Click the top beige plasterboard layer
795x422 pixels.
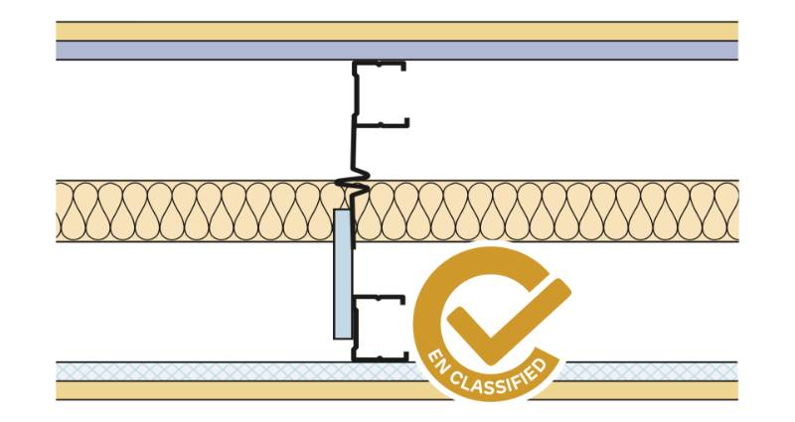pyautogui.click(x=397, y=32)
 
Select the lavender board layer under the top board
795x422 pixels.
pyautogui.click(x=397, y=51)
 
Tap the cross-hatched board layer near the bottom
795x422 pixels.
pyautogui.click(x=397, y=371)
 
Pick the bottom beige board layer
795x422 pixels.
pyautogui.click(x=397, y=390)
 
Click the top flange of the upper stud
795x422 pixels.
pyautogui.click(x=380, y=65)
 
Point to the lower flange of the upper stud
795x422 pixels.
pyautogui.click(x=382, y=122)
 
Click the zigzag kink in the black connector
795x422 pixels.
pyautogui.click(x=353, y=185)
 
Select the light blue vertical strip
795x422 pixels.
pyautogui.click(x=342, y=274)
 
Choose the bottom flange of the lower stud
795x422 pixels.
pyautogui.click(x=381, y=357)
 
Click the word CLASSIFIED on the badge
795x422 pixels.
pyautogui.click(x=500, y=380)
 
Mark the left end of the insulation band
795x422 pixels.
pyautogui.click(x=57, y=211)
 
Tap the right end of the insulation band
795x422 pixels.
pyautogui.click(x=737, y=211)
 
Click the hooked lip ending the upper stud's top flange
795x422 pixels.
pyautogui.click(x=403, y=66)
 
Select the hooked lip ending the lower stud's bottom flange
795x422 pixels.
pyautogui.click(x=405, y=356)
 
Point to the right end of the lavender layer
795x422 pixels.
pyautogui.click(x=737, y=51)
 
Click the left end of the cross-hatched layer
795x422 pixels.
pyautogui.click(x=57, y=371)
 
